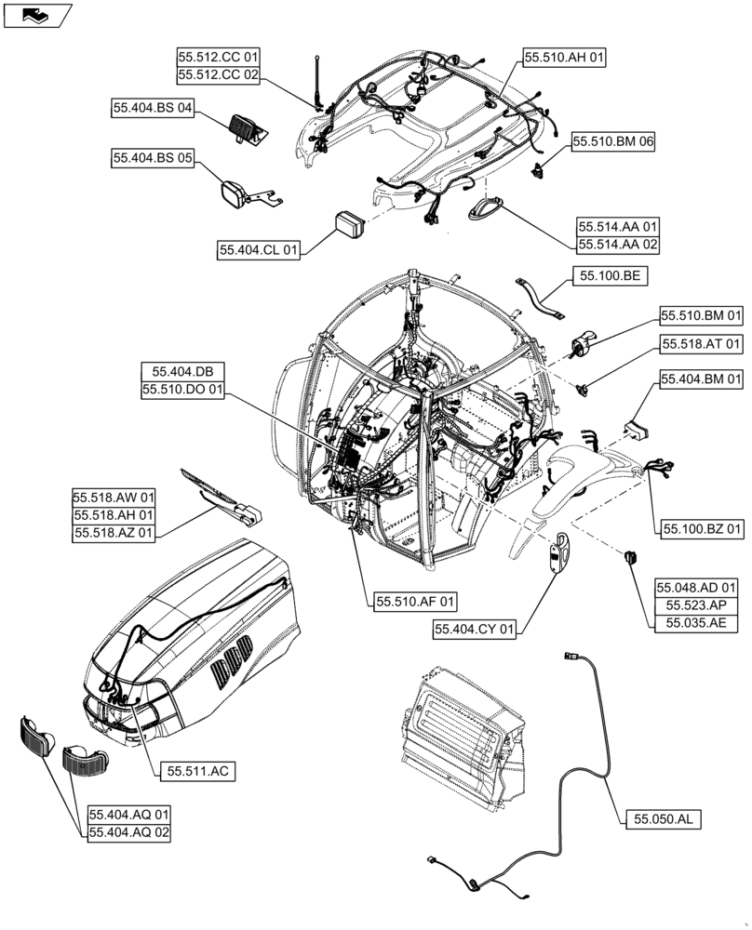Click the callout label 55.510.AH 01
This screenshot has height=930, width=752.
(564, 58)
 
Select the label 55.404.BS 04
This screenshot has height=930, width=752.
(153, 108)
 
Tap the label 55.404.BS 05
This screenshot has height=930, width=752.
(153, 159)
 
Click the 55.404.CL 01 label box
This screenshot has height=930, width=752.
(261, 250)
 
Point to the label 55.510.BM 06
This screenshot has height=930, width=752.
(613, 142)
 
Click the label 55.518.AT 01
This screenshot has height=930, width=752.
(703, 344)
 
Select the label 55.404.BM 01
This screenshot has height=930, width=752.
(703, 379)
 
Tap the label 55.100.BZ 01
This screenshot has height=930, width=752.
(703, 529)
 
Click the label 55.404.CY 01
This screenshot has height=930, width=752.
(475, 630)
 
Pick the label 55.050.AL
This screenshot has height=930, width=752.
(663, 819)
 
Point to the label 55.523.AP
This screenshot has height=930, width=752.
(697, 605)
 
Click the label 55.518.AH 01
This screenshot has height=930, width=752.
(114, 514)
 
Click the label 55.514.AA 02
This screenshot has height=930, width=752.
(617, 244)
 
